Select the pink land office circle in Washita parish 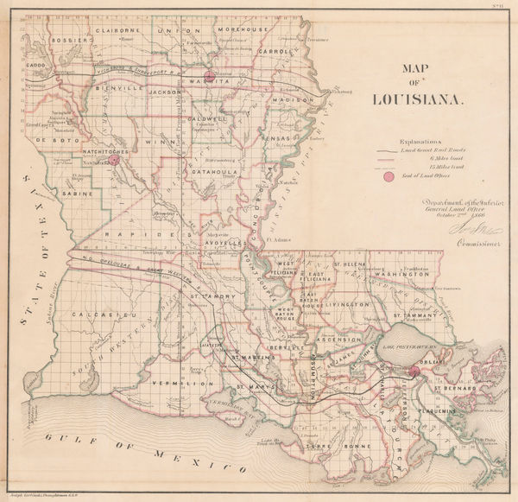pos(207,76)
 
